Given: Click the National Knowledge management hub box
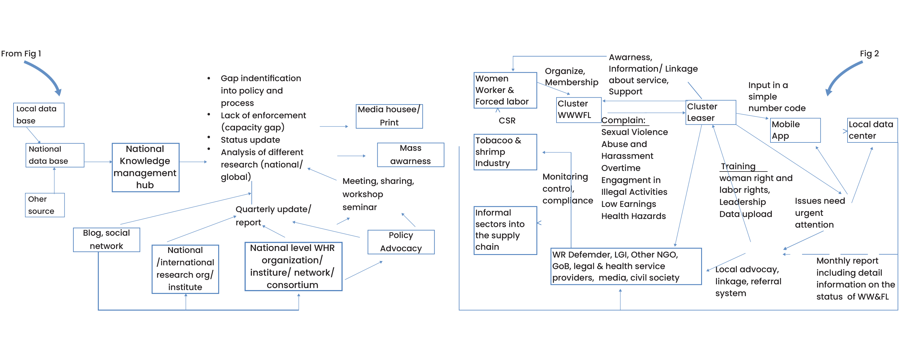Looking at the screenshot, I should click(x=145, y=167).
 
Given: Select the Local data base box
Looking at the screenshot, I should click(x=39, y=115).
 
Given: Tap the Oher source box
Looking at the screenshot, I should click(x=45, y=205).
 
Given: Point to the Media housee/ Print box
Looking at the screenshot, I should click(x=389, y=116).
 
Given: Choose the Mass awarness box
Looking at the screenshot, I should click(x=410, y=155).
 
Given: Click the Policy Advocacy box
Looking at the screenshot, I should click(x=401, y=242).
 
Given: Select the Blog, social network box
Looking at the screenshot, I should click(x=106, y=239).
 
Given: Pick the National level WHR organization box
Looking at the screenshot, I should click(x=293, y=266).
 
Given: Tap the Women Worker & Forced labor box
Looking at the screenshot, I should click(x=505, y=90).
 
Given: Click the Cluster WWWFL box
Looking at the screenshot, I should click(x=578, y=110).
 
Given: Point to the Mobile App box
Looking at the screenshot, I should click(x=795, y=130).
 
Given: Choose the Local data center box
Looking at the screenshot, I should click(x=872, y=130).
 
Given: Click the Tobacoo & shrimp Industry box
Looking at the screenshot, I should click(x=505, y=152).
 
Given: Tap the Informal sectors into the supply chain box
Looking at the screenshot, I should click(x=505, y=230).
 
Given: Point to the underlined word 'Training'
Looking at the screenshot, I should click(x=738, y=167).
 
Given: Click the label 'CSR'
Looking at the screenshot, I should click(x=507, y=121).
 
